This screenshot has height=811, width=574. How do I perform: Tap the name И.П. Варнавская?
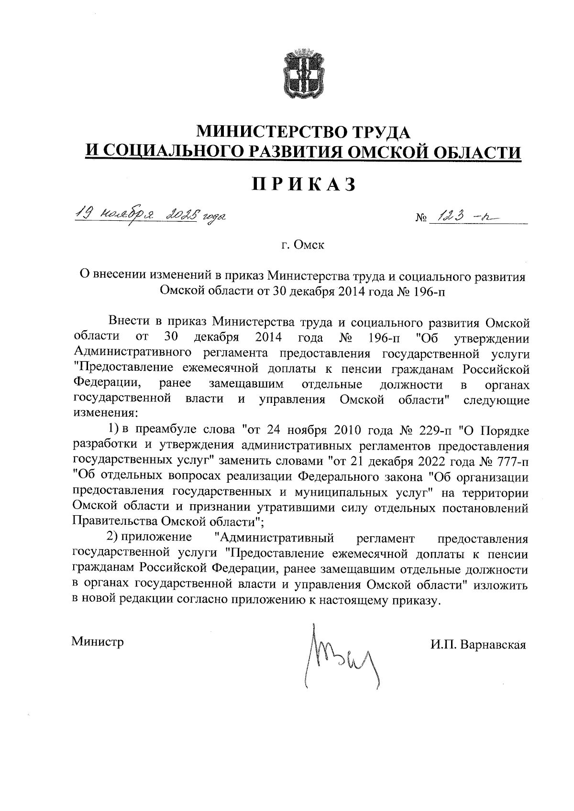pos(478,645)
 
